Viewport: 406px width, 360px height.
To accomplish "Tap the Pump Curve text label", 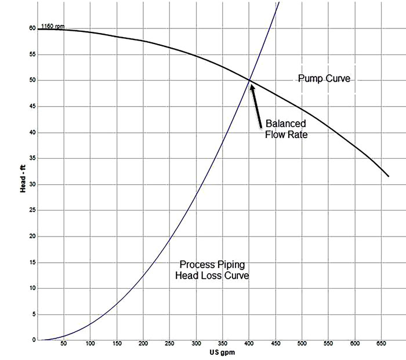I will coord(324,78).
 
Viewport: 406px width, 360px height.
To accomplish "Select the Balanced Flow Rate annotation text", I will coord(285,129).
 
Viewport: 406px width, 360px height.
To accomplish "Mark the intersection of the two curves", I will coord(250,80).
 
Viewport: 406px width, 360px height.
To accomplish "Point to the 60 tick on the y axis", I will coord(32,28).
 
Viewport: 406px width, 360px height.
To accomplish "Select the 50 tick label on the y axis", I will coord(32,80).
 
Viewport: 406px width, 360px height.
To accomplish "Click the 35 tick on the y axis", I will coord(32,158).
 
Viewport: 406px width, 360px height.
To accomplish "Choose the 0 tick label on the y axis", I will coord(34,340).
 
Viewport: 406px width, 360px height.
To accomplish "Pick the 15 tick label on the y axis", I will coord(32,262).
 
